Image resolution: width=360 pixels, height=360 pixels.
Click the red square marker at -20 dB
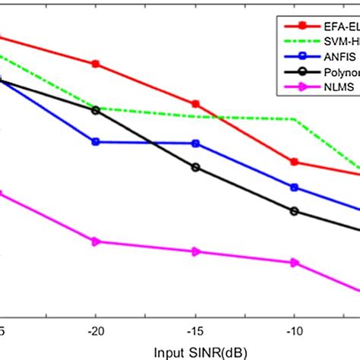[x=96, y=64]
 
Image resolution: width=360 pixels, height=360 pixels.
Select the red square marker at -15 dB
[x=196, y=103]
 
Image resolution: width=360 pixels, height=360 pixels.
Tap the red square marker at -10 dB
[x=295, y=162]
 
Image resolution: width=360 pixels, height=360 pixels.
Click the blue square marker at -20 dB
[x=96, y=141]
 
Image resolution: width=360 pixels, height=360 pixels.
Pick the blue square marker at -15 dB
[x=196, y=143]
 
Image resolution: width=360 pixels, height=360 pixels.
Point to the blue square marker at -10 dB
[x=295, y=187]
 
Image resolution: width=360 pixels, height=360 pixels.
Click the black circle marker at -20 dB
[x=96, y=110]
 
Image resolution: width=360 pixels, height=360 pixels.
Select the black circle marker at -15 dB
[x=196, y=167]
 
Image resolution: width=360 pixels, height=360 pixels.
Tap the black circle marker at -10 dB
[x=295, y=211]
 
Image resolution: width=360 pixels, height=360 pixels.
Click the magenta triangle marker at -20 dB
[x=96, y=242]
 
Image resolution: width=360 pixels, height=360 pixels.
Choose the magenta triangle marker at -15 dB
[x=196, y=251]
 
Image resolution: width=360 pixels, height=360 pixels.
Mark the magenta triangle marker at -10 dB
[x=295, y=263]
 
